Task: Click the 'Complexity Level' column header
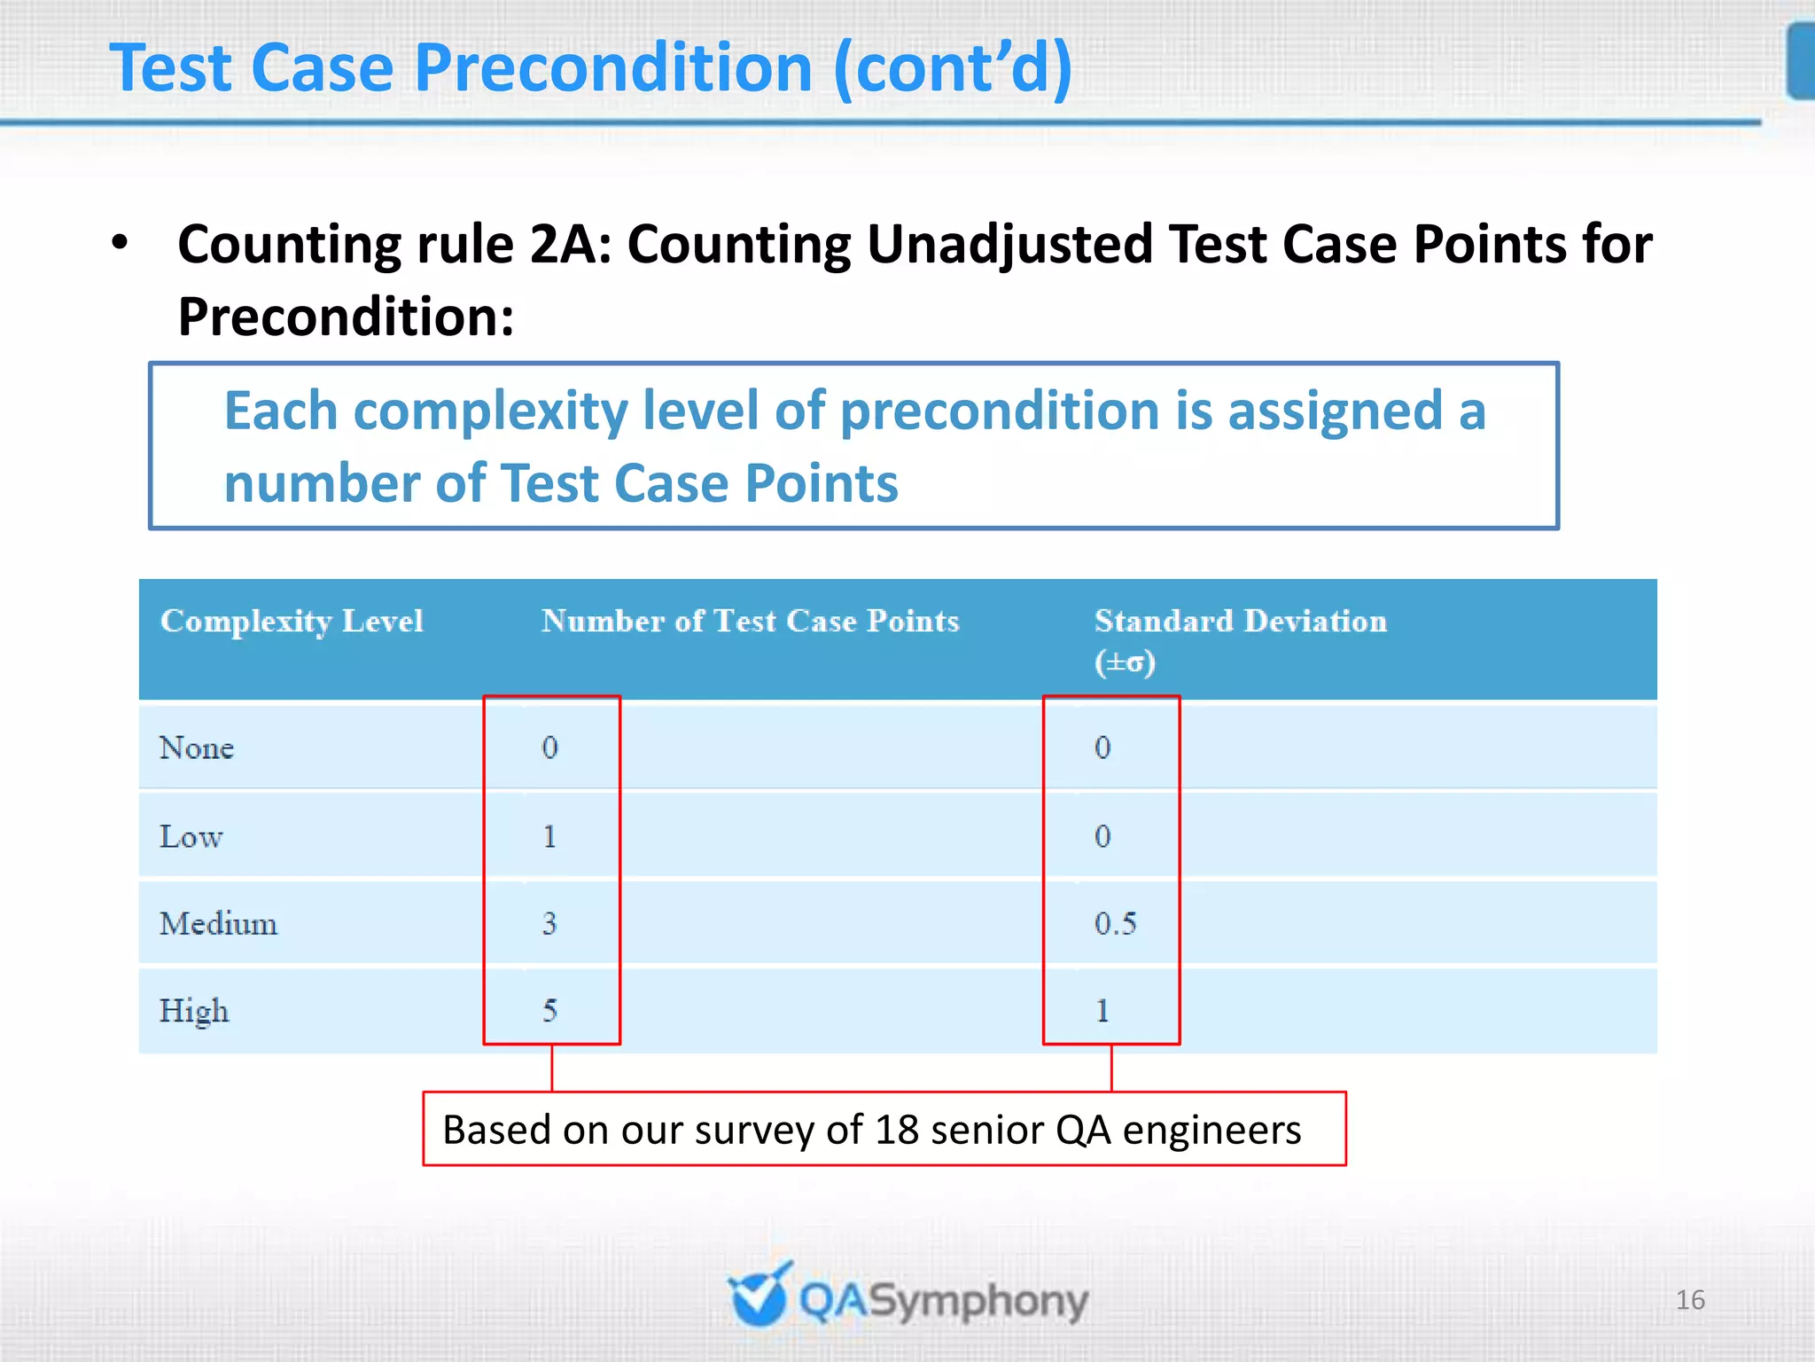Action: (x=292, y=622)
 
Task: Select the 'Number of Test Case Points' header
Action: (x=750, y=622)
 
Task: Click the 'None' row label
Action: (x=196, y=748)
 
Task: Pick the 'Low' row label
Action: (x=191, y=837)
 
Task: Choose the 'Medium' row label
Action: (x=218, y=924)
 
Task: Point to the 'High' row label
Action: (x=194, y=1011)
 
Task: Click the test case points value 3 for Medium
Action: (x=549, y=924)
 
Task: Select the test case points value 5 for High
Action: (x=549, y=1011)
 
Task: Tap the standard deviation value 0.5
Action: (x=1115, y=924)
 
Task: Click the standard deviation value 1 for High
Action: (x=1102, y=1011)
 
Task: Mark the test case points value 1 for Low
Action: (x=549, y=837)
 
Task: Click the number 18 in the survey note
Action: (x=896, y=1131)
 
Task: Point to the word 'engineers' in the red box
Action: (x=1211, y=1131)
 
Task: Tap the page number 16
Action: (x=1690, y=1300)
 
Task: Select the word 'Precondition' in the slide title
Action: (x=613, y=68)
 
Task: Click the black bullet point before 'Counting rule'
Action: (x=121, y=242)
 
